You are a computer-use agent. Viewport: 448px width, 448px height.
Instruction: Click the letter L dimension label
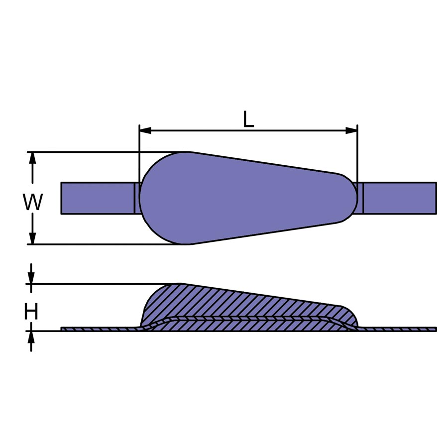coord(248,119)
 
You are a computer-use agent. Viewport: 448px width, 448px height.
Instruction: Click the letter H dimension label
coord(31,312)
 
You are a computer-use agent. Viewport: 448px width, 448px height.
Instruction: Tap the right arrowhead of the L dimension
coord(351,131)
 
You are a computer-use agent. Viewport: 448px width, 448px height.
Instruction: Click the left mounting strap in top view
coord(97,198)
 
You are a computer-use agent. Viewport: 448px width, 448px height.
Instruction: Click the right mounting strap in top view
coord(401,198)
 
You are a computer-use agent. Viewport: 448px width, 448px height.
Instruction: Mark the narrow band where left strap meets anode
coord(137,198)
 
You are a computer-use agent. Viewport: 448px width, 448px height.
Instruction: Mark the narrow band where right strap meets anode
coord(361,198)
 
